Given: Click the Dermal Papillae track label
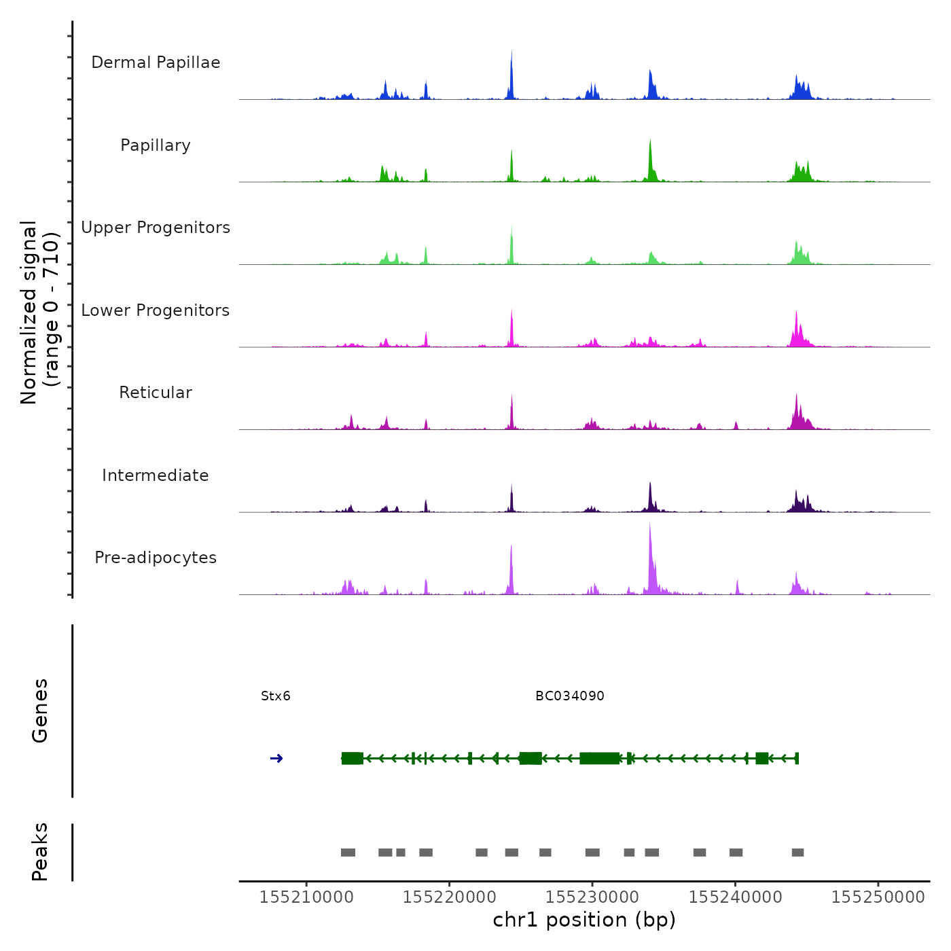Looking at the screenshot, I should coord(156,62).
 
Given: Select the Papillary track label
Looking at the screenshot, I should coord(156,145).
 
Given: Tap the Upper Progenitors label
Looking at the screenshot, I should coord(156,228).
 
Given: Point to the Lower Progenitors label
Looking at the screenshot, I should coord(156,310).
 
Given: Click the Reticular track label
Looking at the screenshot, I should coord(156,393).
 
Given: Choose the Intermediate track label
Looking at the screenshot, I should coord(156,475).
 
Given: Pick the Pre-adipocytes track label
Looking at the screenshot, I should coord(156,558).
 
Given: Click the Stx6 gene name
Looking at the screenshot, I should coord(276,696).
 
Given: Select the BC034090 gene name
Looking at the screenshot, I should coord(570,696).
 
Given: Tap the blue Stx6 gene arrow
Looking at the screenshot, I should coord(276,758).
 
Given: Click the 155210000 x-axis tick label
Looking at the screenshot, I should coord(306,897).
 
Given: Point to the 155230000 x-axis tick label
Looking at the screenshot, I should coord(592,897).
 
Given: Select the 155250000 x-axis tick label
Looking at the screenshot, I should coord(878,897).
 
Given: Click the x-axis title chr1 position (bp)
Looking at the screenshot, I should coord(584,920).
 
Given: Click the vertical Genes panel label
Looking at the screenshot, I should coord(39,711).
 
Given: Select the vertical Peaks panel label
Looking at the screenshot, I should coord(39,852).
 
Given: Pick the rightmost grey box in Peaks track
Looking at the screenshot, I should coord(798,853).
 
